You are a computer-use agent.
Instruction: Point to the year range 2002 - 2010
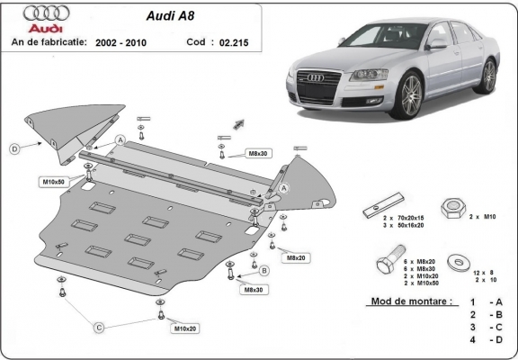click(x=120, y=41)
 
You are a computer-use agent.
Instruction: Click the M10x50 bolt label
click(x=52, y=182)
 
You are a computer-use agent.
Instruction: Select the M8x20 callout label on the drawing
click(x=295, y=257)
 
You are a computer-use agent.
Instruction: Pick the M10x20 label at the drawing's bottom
click(x=184, y=328)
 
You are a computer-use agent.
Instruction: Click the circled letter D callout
click(x=14, y=148)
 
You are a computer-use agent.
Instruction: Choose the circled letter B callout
click(x=264, y=270)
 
